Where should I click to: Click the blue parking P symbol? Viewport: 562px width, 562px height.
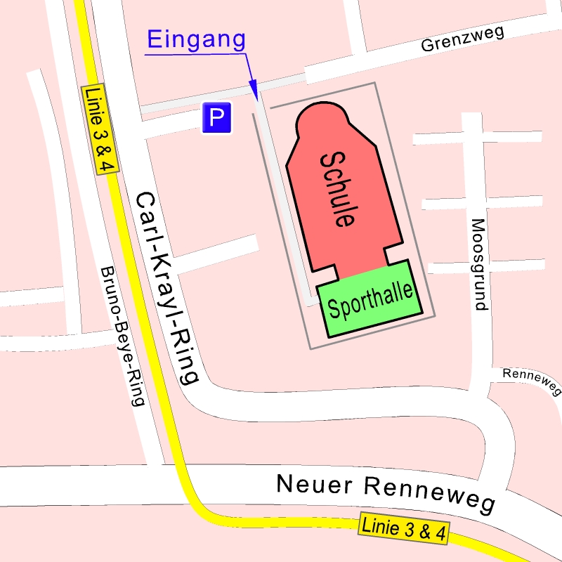point(216,118)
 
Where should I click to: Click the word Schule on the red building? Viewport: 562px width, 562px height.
point(336,188)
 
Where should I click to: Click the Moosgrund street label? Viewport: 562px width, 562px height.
point(478,265)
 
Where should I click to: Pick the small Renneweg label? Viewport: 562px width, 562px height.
point(532,381)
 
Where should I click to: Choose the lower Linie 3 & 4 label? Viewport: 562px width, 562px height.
point(403,529)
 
